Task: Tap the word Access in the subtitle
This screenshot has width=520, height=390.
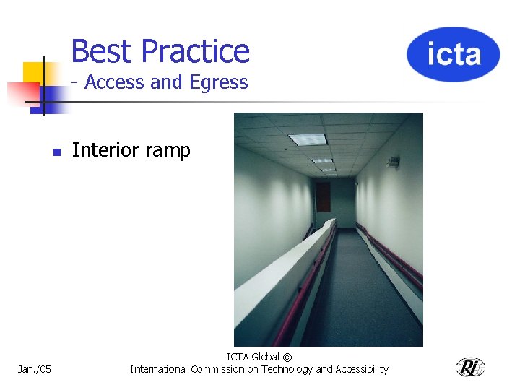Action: [115, 82]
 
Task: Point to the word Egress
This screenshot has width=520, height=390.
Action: [218, 83]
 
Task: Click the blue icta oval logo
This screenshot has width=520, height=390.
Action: [453, 54]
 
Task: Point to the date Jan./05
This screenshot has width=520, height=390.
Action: [35, 369]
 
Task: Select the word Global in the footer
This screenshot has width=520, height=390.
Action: [265, 357]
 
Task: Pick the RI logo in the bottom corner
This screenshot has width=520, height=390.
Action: [470, 367]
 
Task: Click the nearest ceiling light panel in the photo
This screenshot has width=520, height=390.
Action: [308, 139]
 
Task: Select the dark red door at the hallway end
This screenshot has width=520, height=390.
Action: [323, 196]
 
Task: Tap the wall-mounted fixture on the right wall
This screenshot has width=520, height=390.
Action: [394, 162]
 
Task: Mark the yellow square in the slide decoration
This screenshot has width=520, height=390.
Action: [33, 72]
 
